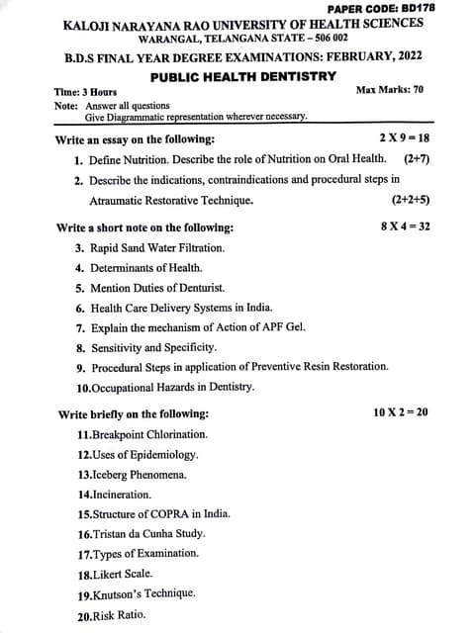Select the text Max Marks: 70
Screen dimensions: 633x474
point(389,90)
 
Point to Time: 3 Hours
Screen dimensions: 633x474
point(85,92)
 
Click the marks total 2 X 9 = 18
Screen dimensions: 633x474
point(405,138)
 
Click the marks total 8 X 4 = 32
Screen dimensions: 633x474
point(405,226)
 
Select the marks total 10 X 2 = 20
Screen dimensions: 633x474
point(401,411)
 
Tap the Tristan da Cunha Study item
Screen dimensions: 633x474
point(143,533)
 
